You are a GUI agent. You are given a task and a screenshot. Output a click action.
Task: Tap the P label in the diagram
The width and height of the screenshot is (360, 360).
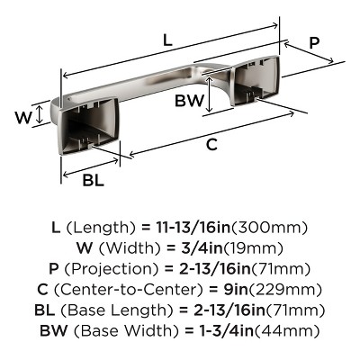coord(314,42)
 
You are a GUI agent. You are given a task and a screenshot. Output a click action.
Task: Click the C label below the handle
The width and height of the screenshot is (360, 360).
coord(210,143)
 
